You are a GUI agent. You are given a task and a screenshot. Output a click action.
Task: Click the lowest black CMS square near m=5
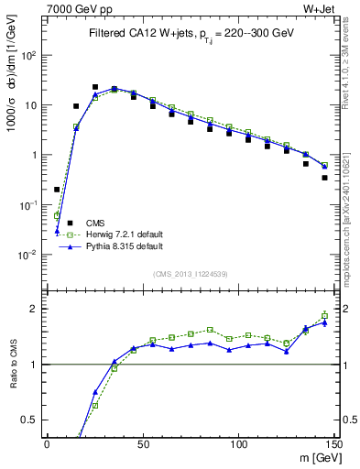pos(57,190)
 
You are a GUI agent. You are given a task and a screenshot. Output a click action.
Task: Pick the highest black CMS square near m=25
pos(95,87)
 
